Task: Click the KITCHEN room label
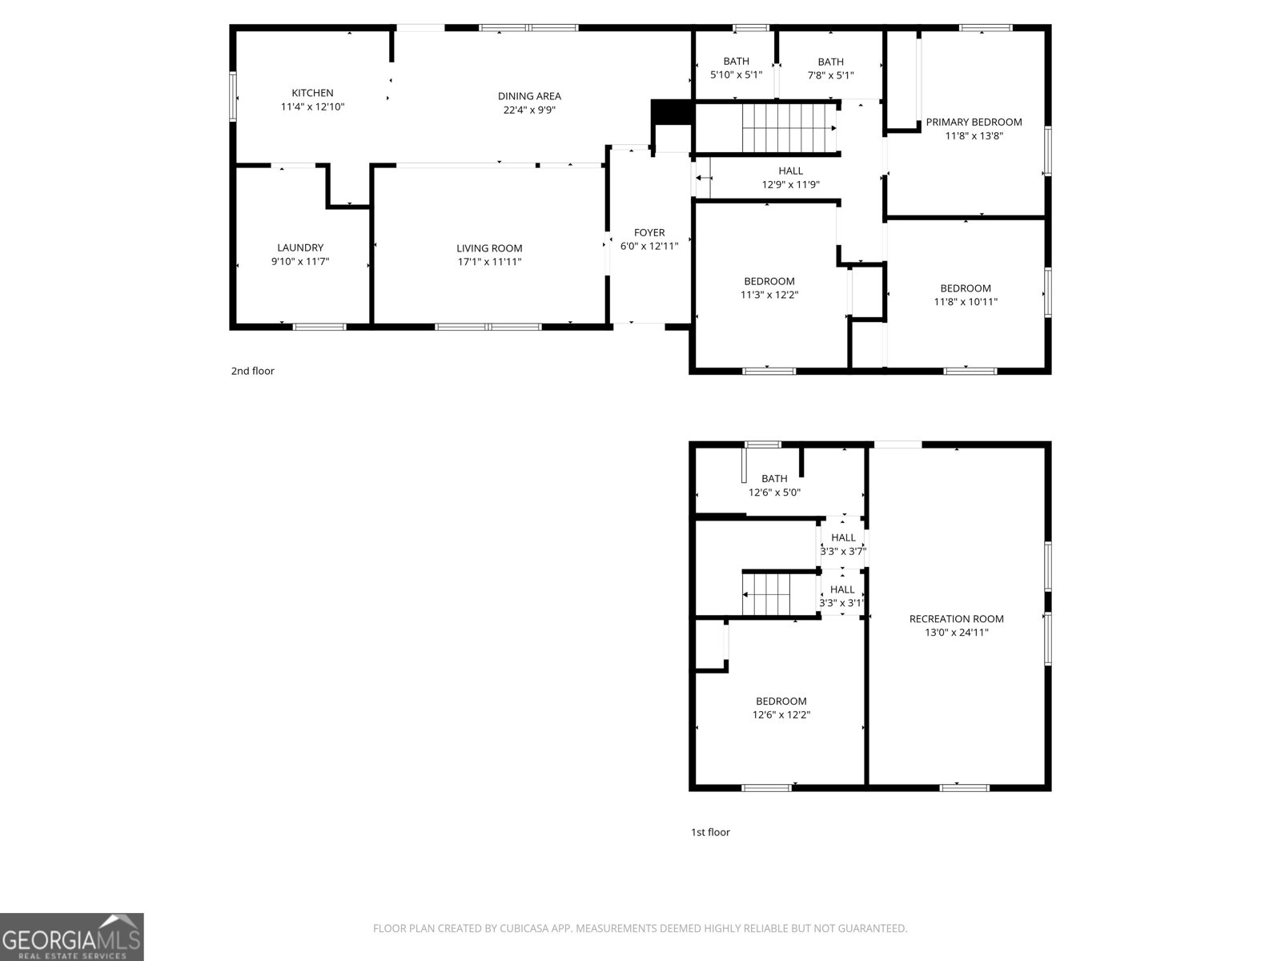(x=312, y=93)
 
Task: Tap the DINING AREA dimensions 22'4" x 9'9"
(x=529, y=111)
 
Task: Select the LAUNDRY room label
(x=300, y=247)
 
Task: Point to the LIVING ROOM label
(x=489, y=248)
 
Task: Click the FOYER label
(x=649, y=233)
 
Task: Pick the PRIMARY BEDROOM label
(x=974, y=123)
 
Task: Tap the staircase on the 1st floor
(x=766, y=594)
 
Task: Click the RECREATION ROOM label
(x=956, y=618)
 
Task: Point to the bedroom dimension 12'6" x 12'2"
(x=781, y=715)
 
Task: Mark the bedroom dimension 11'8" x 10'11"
(x=966, y=302)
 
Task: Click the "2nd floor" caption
(x=253, y=371)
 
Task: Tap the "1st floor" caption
(x=710, y=832)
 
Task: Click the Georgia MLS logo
(x=71, y=937)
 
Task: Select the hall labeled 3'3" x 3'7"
(x=843, y=545)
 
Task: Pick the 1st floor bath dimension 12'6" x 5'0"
(x=774, y=493)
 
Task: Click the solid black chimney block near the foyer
(x=671, y=111)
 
